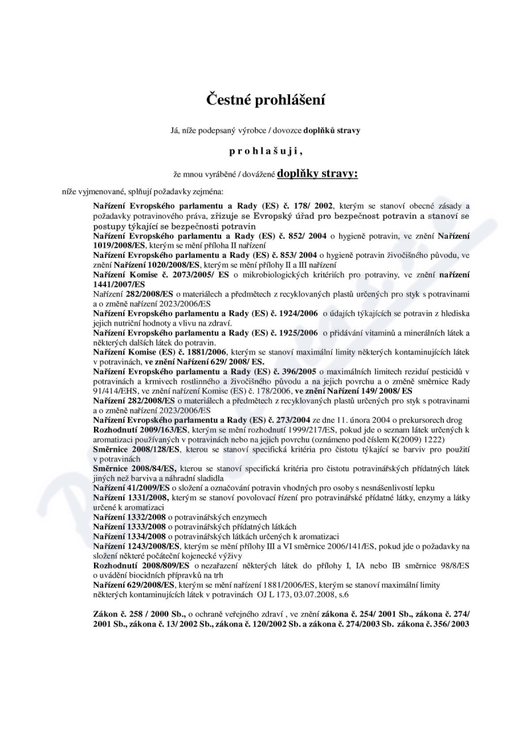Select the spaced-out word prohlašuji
tap(265, 151)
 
